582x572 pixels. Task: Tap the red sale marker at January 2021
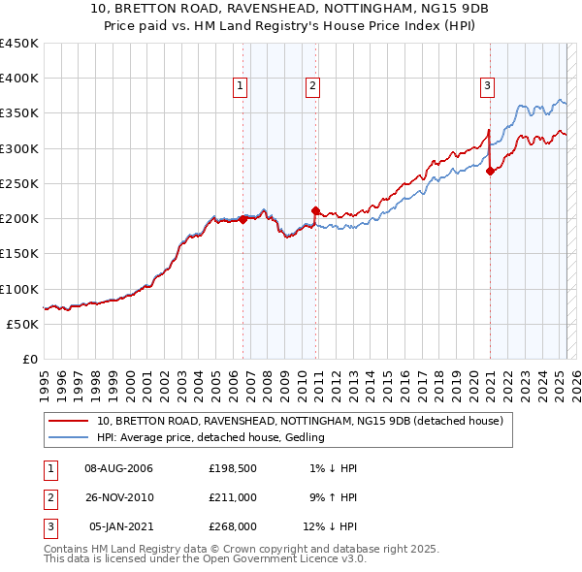tap(490, 172)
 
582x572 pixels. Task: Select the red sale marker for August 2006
tap(242, 219)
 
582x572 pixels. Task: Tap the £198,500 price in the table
tap(233, 468)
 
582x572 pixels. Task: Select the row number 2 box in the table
tap(48, 497)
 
